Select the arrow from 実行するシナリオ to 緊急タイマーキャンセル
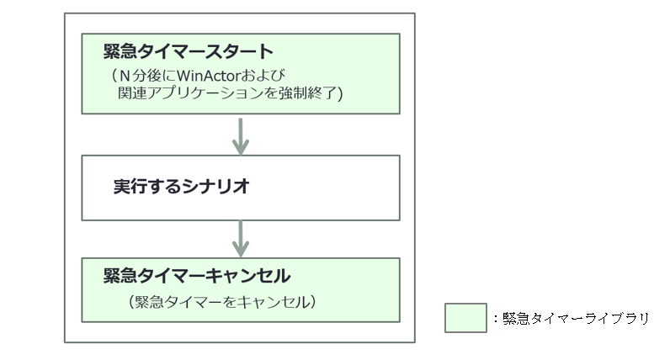241,236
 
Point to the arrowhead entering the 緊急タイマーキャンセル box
241,251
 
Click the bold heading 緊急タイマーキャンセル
196,276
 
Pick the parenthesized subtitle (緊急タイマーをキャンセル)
218,300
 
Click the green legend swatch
465,318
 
